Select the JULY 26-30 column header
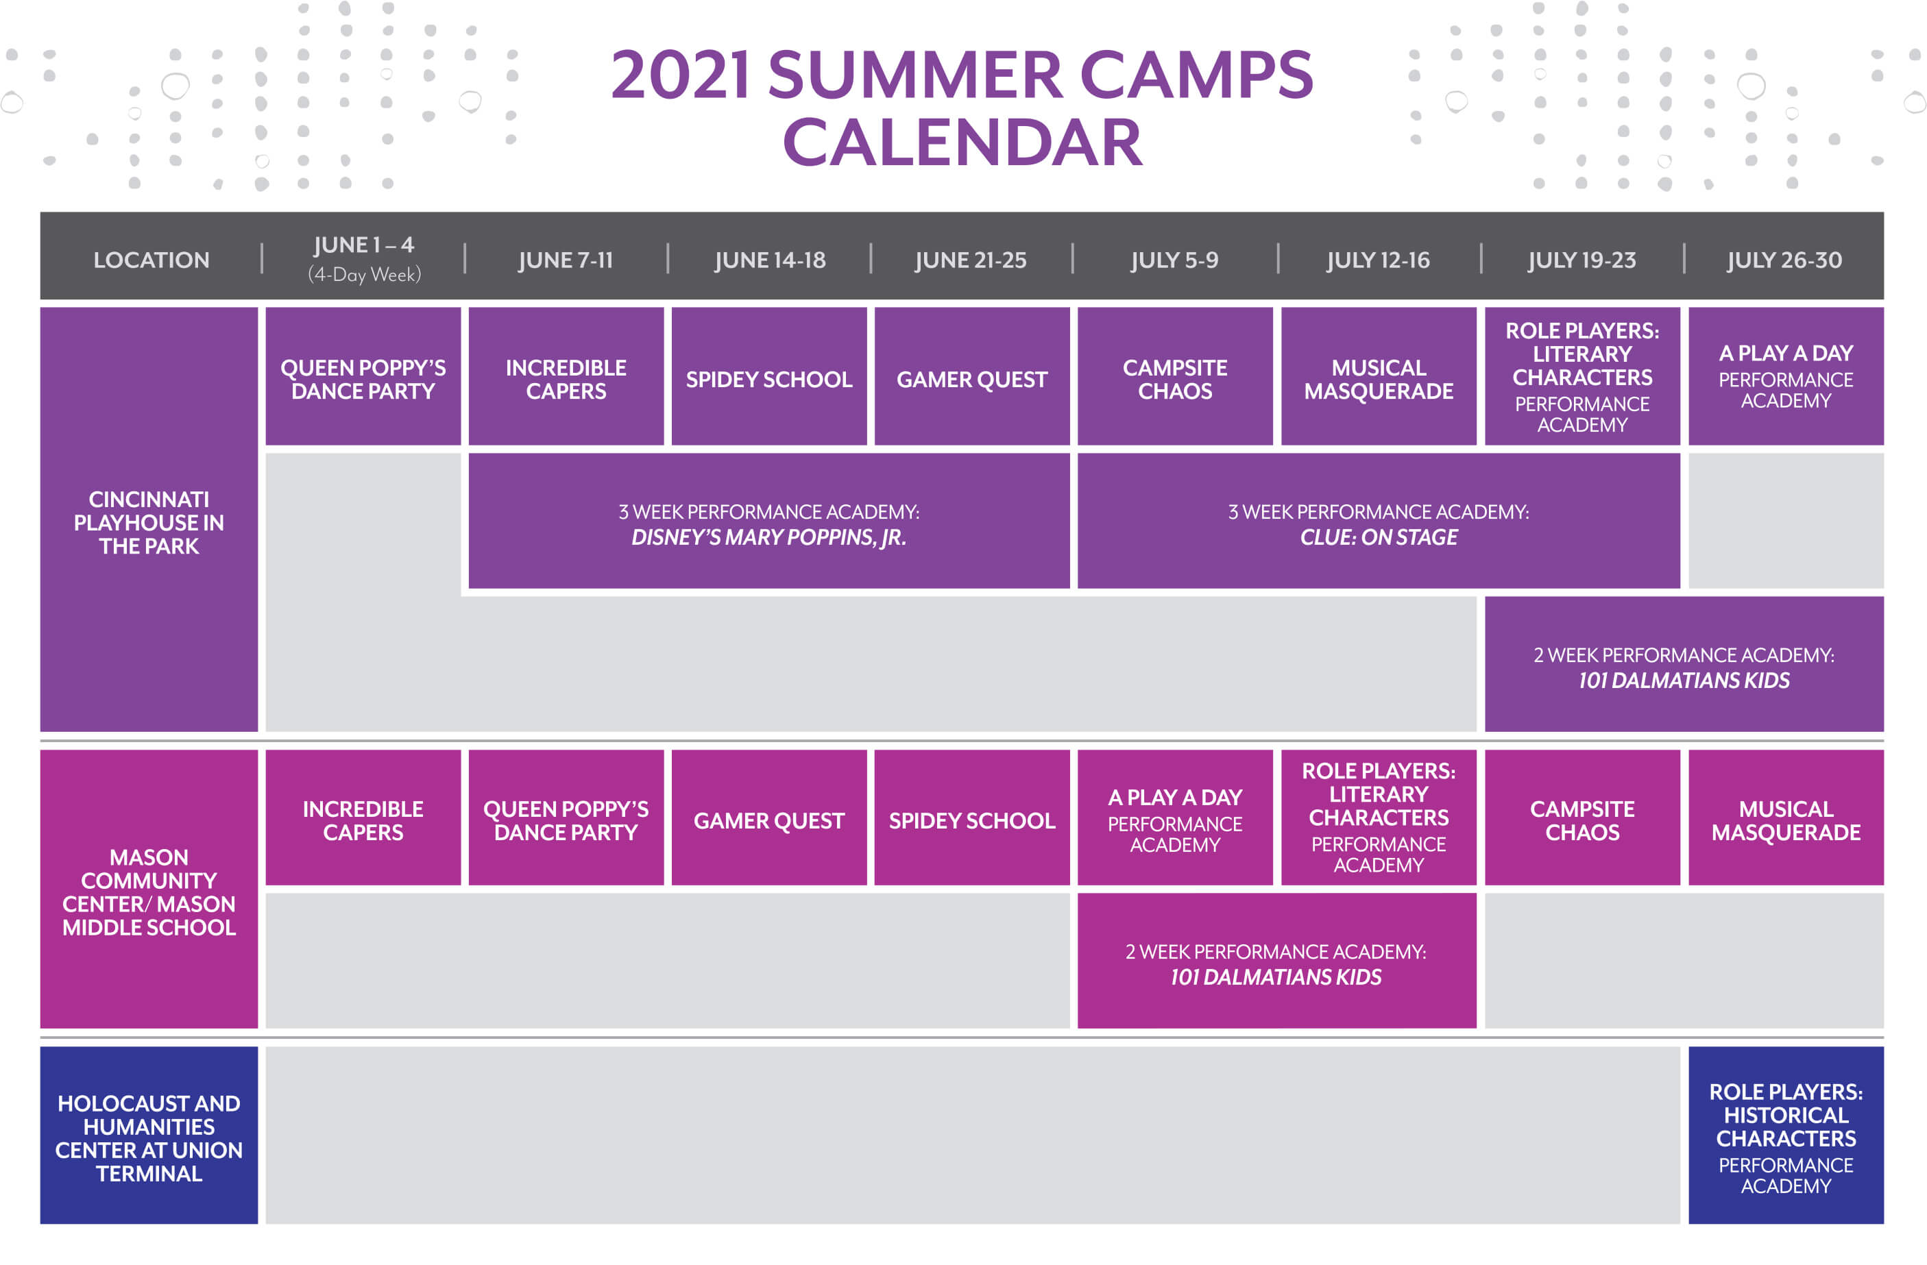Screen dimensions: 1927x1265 click(1784, 260)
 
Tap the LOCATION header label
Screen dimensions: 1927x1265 click(152, 260)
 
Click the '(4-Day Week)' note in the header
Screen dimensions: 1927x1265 click(364, 274)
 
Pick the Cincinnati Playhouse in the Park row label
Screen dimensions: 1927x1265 click(149, 519)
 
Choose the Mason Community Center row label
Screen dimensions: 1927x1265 click(149, 889)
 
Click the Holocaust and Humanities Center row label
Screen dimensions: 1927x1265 click(149, 1135)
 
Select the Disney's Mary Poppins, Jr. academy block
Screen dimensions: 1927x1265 click(769, 520)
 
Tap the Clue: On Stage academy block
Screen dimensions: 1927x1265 click(1379, 520)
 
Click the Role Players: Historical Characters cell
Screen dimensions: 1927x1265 click(1786, 1135)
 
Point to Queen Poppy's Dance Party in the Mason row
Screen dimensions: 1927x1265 click(566, 818)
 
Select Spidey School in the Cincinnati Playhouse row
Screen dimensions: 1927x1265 click(769, 376)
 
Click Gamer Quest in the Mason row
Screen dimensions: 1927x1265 click(769, 818)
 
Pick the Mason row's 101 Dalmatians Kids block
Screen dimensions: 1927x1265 click(1277, 961)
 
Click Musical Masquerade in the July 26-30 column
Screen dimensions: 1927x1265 click(1786, 818)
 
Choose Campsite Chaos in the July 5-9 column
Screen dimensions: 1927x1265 click(1175, 376)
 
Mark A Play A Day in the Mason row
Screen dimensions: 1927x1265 click(1175, 818)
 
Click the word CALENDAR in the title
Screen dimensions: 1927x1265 click(962, 143)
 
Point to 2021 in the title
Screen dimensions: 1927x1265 click(680, 75)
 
